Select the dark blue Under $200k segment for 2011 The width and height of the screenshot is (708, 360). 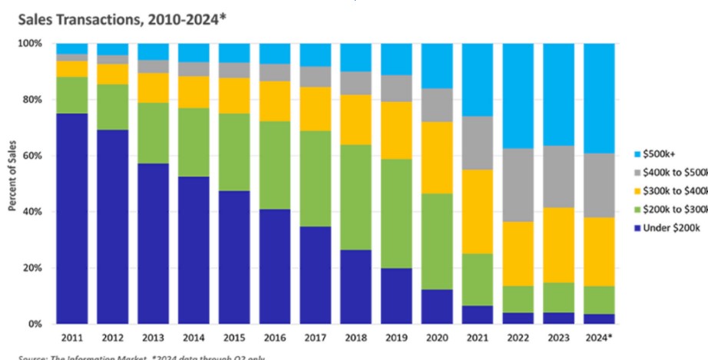[x=71, y=219]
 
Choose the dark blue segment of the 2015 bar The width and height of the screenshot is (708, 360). [x=234, y=257]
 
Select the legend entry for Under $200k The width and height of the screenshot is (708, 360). [x=667, y=249]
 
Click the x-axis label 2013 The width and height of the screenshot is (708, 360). [x=153, y=338]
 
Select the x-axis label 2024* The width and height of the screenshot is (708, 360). [x=600, y=338]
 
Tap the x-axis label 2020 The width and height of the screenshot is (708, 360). [x=437, y=338]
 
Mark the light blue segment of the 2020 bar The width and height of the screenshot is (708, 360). [x=437, y=66]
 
